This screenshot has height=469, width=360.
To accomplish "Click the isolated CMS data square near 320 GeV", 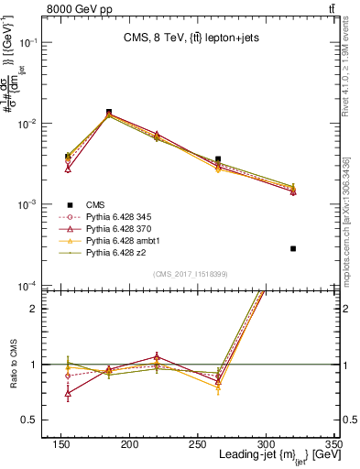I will point(293,248).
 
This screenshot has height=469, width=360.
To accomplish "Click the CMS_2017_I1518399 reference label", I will point(190,273).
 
